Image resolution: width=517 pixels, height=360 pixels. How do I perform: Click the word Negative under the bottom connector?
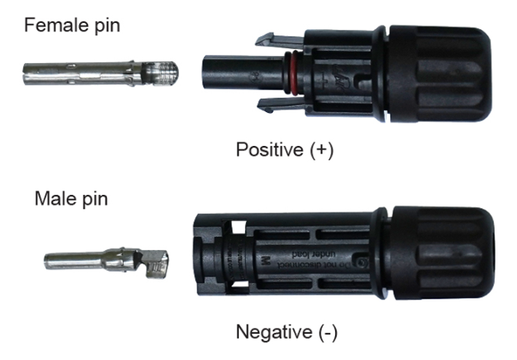point(273,332)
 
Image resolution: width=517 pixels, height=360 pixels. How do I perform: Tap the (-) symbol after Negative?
point(326,332)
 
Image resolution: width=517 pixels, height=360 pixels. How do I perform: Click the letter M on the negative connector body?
point(266,258)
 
